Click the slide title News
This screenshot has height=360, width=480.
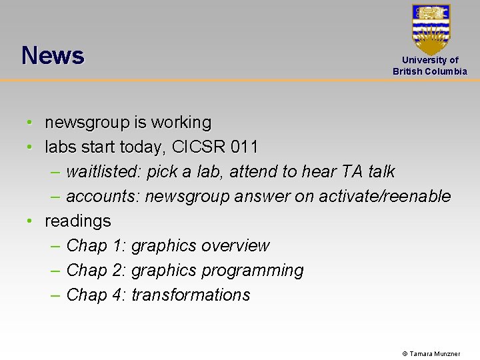tap(53, 55)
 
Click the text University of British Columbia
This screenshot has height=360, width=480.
tap(430, 66)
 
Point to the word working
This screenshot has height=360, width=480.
tap(181, 123)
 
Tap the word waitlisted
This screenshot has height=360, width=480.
tap(103, 172)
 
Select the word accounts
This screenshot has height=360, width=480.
tap(103, 197)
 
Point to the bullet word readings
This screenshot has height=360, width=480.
tap(77, 221)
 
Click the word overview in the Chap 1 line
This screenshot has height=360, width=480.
tap(235, 246)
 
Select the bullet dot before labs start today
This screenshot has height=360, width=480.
tap(31, 147)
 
